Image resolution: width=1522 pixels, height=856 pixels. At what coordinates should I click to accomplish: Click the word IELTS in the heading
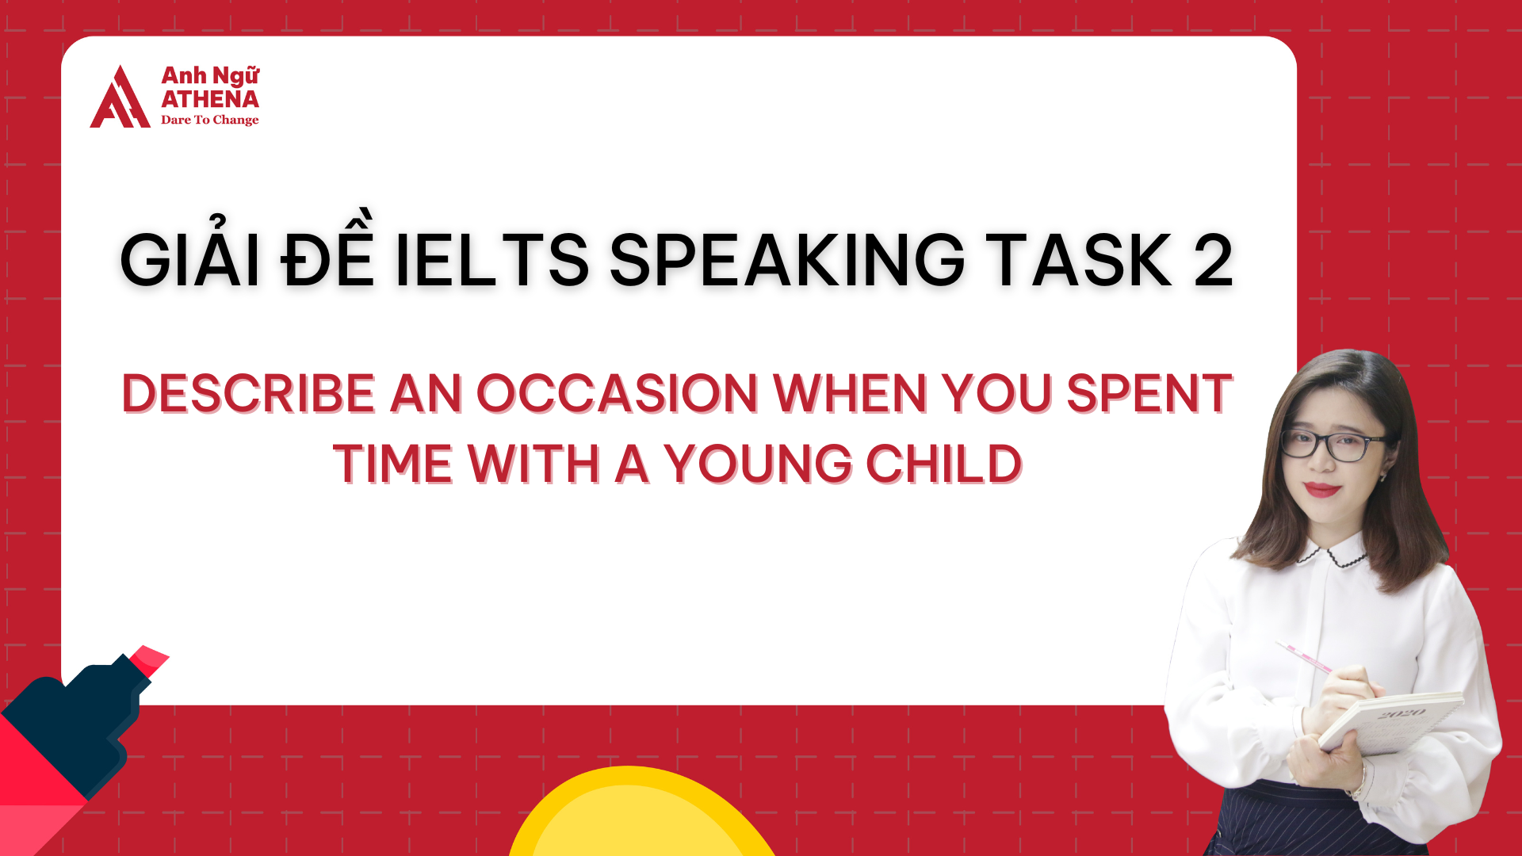[491, 260]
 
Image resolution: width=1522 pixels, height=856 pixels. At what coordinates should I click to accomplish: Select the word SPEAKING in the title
[787, 260]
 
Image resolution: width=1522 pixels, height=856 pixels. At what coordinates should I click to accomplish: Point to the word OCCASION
[618, 393]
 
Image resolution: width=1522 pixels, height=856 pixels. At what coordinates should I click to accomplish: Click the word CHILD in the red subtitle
[943, 464]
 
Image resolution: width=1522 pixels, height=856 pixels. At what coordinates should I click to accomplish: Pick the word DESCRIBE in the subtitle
[248, 393]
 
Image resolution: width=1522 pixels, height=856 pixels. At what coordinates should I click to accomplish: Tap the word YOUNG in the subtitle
[758, 464]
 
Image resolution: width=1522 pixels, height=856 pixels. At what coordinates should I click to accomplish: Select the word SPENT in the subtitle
[1149, 393]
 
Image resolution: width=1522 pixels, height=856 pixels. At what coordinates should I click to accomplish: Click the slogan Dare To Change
[210, 120]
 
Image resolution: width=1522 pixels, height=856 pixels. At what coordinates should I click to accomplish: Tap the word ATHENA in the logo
[210, 99]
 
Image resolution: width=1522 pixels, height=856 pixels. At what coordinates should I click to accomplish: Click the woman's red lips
[1321, 489]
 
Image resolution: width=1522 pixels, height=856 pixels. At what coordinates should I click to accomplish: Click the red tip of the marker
[149, 659]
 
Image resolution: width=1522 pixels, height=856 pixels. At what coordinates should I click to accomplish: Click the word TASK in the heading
[1079, 260]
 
